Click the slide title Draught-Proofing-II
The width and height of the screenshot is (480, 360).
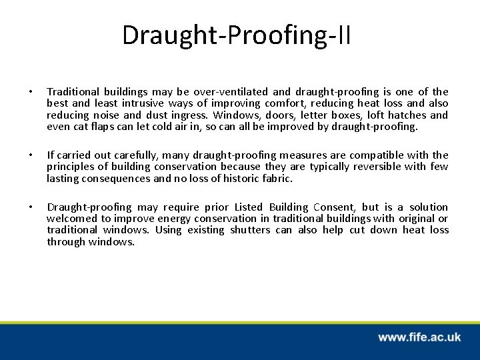(237, 35)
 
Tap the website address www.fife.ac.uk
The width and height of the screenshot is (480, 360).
(419, 337)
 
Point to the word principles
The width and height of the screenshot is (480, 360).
(68, 167)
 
